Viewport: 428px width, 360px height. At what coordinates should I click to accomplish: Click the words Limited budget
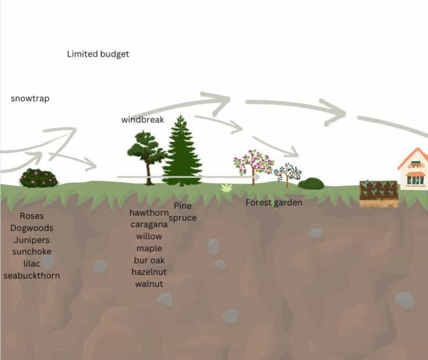[x=98, y=54]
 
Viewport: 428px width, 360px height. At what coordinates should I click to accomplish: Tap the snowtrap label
[x=30, y=98]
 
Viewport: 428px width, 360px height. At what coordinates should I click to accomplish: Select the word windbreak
[x=142, y=120]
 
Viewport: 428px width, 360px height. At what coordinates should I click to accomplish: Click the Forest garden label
[x=274, y=202]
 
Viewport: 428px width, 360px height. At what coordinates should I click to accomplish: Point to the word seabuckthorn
[x=32, y=276]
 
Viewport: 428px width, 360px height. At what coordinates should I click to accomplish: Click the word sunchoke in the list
[x=32, y=252]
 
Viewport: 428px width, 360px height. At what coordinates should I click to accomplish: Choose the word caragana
[x=149, y=225]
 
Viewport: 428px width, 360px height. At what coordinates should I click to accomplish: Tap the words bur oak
[x=149, y=260]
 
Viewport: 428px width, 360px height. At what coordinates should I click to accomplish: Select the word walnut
[x=149, y=284]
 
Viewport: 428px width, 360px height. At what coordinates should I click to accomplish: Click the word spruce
[x=183, y=218]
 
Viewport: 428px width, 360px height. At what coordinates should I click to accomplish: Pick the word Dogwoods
[x=32, y=228]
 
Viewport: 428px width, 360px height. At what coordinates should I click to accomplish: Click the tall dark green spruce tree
[x=182, y=151]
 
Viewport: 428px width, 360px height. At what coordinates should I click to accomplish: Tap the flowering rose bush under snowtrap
[x=38, y=178]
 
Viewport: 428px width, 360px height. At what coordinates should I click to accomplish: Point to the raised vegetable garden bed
[x=379, y=194]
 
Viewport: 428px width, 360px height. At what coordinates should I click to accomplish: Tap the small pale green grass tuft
[x=227, y=187]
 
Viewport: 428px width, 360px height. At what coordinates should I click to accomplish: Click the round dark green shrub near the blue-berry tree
[x=311, y=184]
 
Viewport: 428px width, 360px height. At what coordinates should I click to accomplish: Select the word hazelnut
[x=149, y=272]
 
